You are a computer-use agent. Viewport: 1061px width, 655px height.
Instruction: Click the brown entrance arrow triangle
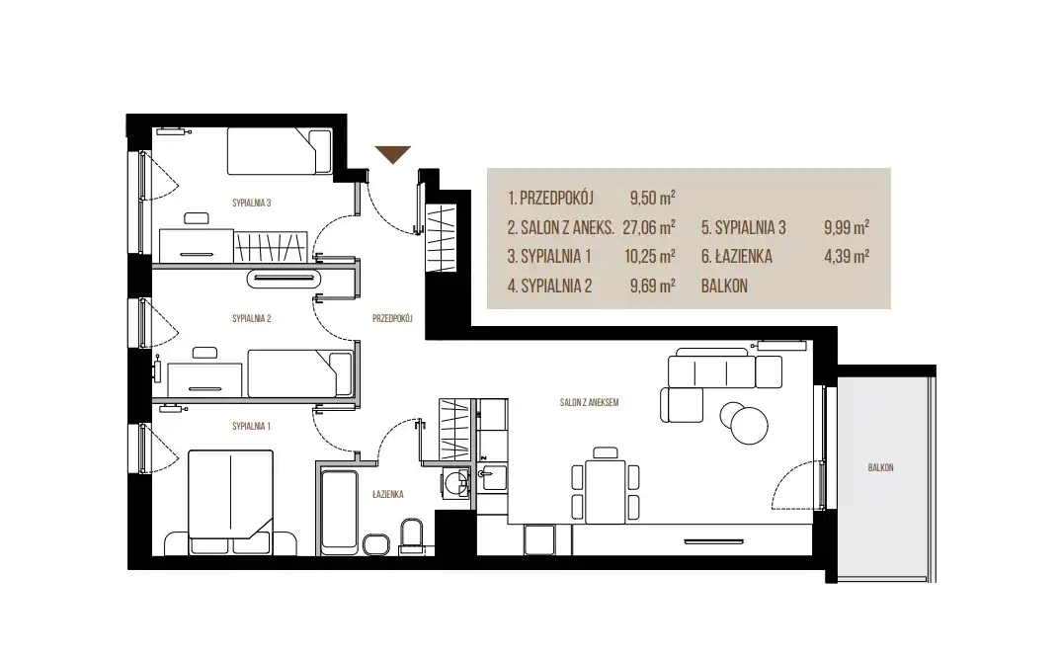[393, 153]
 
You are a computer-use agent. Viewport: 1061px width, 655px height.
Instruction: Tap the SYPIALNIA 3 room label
[251, 203]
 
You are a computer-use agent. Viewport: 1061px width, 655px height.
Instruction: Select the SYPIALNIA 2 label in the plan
[251, 319]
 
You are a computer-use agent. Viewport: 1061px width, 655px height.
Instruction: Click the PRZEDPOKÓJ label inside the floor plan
[392, 318]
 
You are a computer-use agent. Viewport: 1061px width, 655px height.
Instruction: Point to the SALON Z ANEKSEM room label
[590, 403]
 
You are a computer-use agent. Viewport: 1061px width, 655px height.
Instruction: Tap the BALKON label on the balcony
[880, 467]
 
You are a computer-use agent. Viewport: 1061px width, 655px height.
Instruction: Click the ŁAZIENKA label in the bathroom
[387, 495]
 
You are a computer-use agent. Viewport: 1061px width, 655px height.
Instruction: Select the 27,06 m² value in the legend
[649, 227]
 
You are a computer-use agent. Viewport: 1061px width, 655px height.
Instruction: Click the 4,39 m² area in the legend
[847, 257]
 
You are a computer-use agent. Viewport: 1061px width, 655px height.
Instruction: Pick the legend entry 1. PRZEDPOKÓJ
[550, 199]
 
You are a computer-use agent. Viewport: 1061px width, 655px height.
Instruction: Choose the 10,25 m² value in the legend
[649, 257]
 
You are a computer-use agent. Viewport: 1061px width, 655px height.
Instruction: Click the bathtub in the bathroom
[338, 512]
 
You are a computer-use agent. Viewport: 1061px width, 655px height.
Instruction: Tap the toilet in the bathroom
[411, 536]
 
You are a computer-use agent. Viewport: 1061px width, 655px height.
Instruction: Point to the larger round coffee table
[749, 425]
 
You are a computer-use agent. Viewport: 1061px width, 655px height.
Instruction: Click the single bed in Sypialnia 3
[279, 151]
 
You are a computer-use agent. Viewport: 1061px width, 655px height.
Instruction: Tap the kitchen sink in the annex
[493, 478]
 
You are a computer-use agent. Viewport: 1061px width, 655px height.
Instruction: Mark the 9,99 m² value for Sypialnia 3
[847, 227]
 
